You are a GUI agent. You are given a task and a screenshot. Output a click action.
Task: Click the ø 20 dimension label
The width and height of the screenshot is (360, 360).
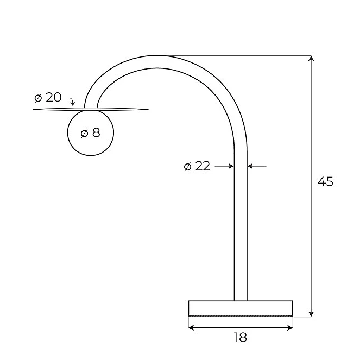point(48,97)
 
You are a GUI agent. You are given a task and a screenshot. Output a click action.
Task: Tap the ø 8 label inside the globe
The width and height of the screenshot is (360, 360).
point(91,132)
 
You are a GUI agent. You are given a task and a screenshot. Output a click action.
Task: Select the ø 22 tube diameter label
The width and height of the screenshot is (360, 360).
point(197,166)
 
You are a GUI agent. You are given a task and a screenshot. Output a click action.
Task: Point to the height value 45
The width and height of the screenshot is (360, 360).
point(325,181)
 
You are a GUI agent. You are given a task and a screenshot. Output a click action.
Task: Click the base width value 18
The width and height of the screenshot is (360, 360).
point(241,337)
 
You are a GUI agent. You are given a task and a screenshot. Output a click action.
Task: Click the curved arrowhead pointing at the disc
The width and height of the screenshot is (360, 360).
point(73,104)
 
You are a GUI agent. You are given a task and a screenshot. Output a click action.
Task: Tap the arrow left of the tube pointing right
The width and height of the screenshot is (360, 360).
point(224,166)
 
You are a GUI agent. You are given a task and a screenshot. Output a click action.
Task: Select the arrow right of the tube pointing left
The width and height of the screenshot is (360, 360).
point(257,166)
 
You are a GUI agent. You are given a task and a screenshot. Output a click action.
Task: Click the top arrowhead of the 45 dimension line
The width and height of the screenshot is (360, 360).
point(311,58)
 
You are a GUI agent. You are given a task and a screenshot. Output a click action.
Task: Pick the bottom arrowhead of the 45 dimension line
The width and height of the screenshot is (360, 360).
point(311,314)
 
